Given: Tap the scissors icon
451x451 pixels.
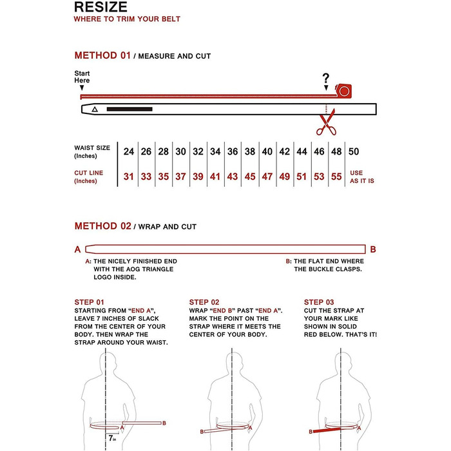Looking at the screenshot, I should point(326,122).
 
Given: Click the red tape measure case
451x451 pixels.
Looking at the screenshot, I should point(344,90).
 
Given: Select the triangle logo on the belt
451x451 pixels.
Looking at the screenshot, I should point(95,110).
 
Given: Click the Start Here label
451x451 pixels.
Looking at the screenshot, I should point(82,76).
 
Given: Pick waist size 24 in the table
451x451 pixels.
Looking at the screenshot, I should point(129,152).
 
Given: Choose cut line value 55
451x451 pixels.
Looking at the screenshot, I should point(336,177).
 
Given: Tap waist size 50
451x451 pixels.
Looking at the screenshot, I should point(354,152).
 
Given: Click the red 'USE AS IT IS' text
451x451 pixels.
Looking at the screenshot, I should point(361,177).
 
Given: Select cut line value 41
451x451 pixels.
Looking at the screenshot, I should point(215,177).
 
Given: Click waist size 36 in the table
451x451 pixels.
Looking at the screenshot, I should point(233,152).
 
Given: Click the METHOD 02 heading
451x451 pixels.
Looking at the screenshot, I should point(102,226).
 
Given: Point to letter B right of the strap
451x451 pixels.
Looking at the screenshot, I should point(373,249).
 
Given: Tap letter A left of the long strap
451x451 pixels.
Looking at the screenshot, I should point(77,249).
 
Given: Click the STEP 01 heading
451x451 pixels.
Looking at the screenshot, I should point(89,302).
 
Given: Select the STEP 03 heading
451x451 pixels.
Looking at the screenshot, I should point(318,302).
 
